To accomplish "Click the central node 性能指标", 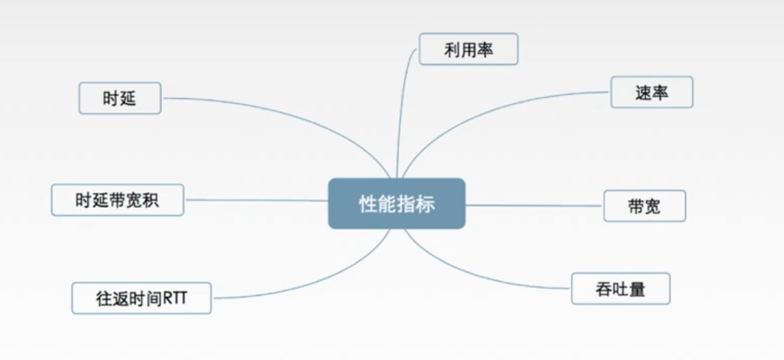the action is point(397,203).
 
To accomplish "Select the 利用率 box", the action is point(468,49).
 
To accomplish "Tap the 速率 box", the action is point(651,92).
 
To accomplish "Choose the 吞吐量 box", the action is point(620,289).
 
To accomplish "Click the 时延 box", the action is point(120,98).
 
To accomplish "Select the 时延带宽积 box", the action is point(117,200).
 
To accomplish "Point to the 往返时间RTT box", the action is point(141,298).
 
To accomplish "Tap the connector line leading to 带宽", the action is point(533,205).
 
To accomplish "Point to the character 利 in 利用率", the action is point(452,50).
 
